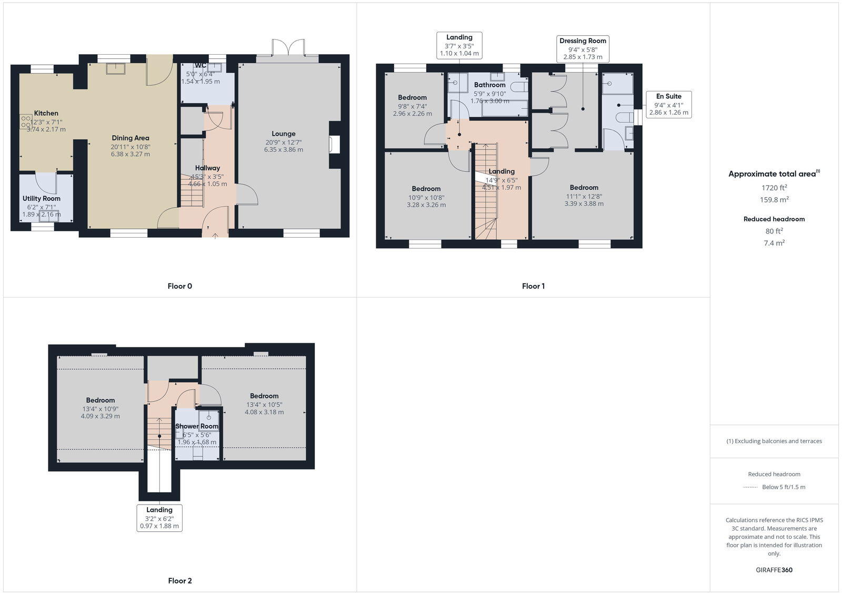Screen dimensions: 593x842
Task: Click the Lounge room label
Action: pos(284,134)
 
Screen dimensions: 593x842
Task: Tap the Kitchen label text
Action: pos(46,113)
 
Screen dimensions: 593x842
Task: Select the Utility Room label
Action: pos(41,198)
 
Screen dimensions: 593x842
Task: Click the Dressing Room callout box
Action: pos(583,48)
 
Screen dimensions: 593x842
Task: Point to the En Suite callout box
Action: pos(668,104)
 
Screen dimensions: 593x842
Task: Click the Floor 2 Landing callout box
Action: pos(159,517)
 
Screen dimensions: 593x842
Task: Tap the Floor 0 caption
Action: pos(179,286)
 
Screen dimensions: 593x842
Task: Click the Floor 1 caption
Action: pos(533,286)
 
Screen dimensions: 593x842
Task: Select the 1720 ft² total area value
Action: pos(774,188)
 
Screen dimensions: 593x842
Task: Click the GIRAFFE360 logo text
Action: pos(774,570)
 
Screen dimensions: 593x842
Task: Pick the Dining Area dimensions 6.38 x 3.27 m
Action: pos(130,154)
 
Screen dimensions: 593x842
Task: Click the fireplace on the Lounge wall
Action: pos(335,145)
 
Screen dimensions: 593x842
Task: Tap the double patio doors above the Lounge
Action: pos(288,48)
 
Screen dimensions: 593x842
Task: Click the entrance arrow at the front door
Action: pos(216,236)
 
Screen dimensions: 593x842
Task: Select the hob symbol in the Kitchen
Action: pos(25,122)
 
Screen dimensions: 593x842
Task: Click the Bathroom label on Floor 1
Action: pos(489,85)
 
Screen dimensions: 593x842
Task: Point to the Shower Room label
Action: pos(196,426)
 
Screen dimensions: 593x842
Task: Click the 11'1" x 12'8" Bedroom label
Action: pos(584,188)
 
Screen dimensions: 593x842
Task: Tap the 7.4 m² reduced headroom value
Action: pos(774,243)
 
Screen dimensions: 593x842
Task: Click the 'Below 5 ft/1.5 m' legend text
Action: pos(783,487)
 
